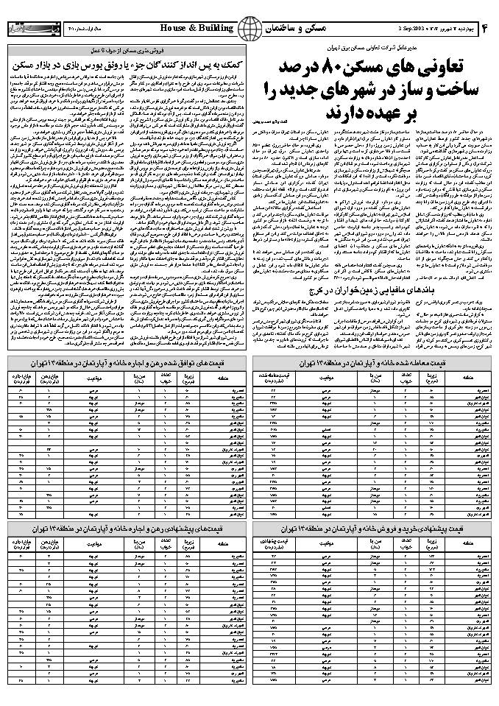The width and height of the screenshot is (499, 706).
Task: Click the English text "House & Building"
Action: click(x=196, y=29)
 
